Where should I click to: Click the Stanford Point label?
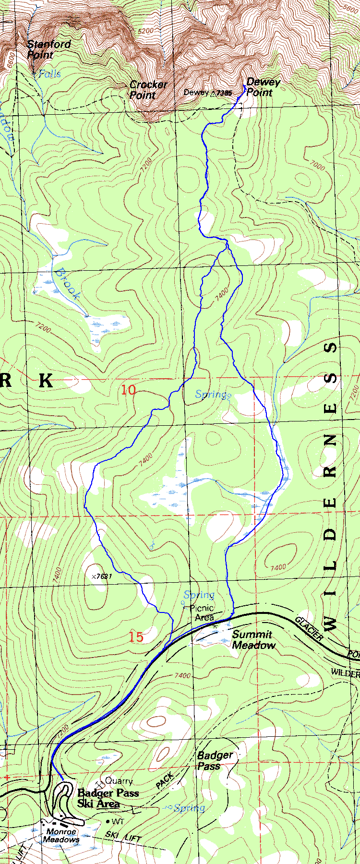pos(48,49)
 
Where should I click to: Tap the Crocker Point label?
pos(148,90)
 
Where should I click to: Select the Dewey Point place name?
pos(263,87)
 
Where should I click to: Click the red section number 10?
pos(128,390)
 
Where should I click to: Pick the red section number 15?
pos(136,637)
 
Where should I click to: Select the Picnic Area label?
pos(202,612)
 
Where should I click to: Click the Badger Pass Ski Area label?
pos(108,799)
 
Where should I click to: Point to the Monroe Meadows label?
pos(61,836)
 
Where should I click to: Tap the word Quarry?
pos(119,781)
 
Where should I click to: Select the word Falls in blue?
pos(50,73)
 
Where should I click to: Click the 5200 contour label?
pos(145,31)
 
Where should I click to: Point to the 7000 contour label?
pos(317,166)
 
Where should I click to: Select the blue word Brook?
pos(67,284)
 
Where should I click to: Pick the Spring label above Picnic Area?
pos(199,595)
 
